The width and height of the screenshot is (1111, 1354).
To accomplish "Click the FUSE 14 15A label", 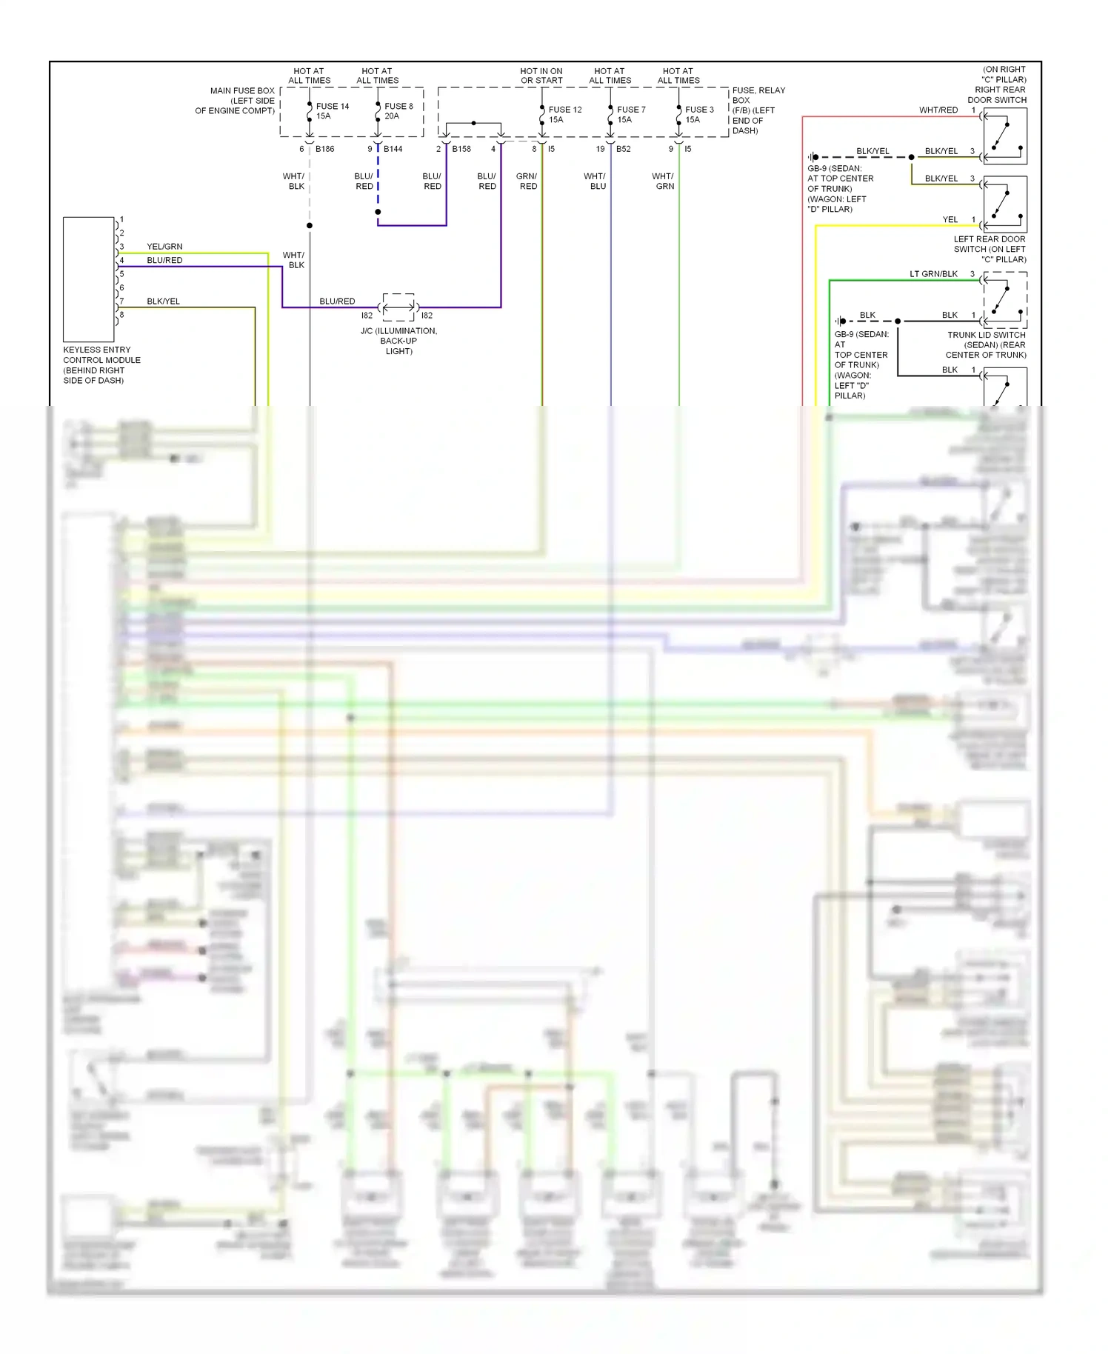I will click(332, 111).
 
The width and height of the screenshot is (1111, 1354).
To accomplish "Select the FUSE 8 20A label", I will click(398, 111).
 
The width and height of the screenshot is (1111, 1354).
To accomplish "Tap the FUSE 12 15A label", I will click(564, 114).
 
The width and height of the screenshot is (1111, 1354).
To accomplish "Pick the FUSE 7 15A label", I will click(631, 114).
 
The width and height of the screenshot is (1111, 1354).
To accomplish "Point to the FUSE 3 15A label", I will click(699, 114).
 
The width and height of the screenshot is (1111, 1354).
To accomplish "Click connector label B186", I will click(324, 149).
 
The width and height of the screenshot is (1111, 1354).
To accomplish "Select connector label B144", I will click(393, 149).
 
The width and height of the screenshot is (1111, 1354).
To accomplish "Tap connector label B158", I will click(461, 149).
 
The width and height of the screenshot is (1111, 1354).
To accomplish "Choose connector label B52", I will click(623, 149).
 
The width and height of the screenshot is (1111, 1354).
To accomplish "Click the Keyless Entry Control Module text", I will click(101, 364).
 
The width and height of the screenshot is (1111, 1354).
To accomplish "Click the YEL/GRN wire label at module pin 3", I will click(164, 247).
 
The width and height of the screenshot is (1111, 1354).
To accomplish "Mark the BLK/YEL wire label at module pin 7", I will click(163, 301).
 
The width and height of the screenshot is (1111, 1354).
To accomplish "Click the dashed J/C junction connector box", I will click(398, 307).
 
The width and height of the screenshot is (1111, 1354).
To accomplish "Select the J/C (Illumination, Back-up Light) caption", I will click(398, 341).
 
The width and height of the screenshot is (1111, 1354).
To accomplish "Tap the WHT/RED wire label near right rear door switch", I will click(938, 110).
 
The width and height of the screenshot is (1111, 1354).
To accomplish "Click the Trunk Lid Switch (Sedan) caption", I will click(986, 344).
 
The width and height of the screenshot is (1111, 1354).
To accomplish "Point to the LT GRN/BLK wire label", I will click(933, 274).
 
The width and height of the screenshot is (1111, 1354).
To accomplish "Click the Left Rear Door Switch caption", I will click(990, 249).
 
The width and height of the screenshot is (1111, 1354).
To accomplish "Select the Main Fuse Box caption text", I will click(236, 101).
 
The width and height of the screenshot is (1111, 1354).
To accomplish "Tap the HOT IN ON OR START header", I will click(541, 76).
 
